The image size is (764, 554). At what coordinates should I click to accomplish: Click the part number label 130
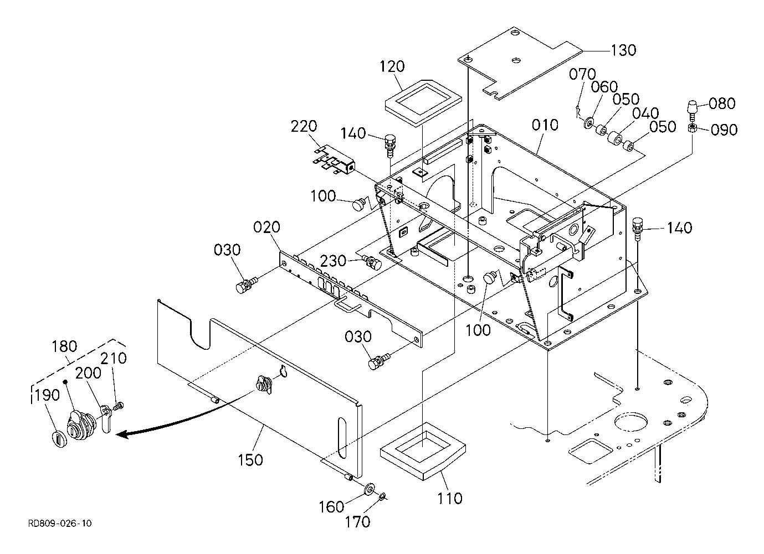(623, 50)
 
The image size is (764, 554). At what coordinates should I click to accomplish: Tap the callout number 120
(392, 66)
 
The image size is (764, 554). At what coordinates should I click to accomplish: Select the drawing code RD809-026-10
(60, 524)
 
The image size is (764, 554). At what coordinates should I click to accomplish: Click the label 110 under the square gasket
(449, 499)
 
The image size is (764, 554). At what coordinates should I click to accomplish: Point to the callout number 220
(304, 126)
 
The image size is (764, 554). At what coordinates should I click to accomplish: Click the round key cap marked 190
(60, 439)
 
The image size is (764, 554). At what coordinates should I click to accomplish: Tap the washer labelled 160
(370, 489)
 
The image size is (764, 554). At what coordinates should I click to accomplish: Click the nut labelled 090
(693, 128)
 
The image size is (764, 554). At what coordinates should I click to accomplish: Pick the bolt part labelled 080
(693, 110)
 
